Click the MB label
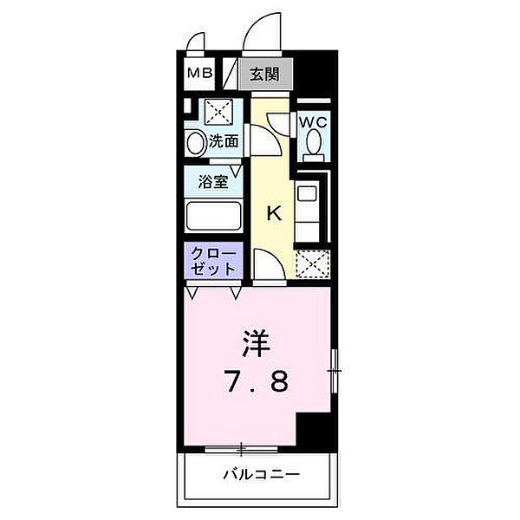(200, 74)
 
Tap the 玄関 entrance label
(266, 75)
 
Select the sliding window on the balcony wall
(242, 449)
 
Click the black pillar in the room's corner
(315, 430)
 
